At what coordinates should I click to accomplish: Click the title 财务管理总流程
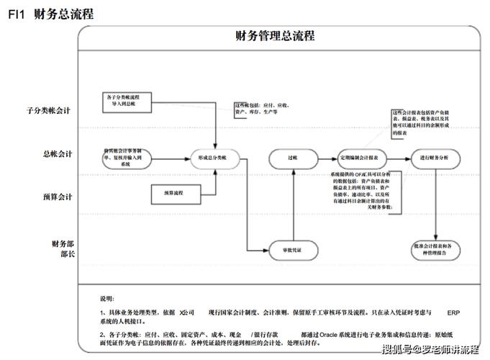click(275, 36)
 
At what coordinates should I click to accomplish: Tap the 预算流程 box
click(174, 193)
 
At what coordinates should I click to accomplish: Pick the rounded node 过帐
click(292, 158)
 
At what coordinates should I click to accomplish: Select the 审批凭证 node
click(291, 250)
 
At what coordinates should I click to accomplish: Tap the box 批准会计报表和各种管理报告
click(434, 250)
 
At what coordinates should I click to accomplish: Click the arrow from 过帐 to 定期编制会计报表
click(327, 158)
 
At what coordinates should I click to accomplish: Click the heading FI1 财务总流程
click(50, 14)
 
